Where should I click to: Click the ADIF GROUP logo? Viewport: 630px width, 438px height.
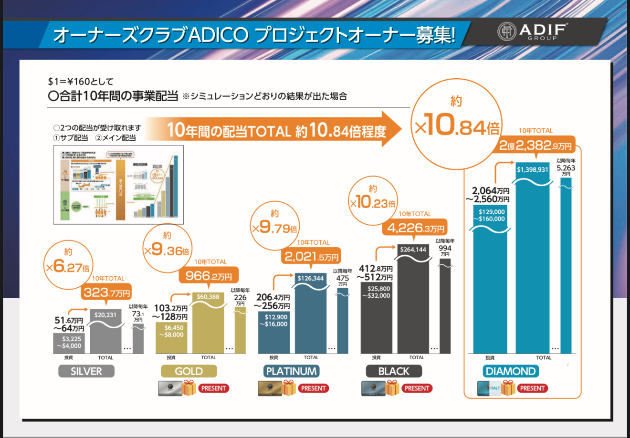(533, 32)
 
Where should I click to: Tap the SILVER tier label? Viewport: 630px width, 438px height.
(86, 371)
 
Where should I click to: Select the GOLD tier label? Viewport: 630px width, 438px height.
(189, 371)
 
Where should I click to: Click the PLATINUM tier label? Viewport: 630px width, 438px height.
(291, 371)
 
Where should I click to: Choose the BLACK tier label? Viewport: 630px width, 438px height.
(394, 371)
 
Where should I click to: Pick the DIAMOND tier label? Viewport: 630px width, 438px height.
(511, 371)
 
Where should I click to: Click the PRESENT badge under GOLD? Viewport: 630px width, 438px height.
(213, 388)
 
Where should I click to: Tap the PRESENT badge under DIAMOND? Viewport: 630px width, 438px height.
(532, 388)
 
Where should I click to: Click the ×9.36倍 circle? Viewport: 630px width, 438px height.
(167, 246)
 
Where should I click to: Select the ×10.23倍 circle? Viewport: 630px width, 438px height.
(373, 199)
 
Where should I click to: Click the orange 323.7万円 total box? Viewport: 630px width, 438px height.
(107, 292)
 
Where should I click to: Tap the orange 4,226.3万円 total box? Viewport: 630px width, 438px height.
(416, 228)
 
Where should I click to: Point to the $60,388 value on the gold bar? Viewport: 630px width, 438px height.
(208, 297)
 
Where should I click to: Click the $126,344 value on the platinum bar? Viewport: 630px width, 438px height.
(311, 278)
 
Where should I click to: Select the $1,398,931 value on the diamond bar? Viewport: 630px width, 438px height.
(533, 169)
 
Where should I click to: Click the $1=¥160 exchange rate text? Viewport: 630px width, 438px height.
(81, 82)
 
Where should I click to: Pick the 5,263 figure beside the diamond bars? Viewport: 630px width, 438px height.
(566, 168)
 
